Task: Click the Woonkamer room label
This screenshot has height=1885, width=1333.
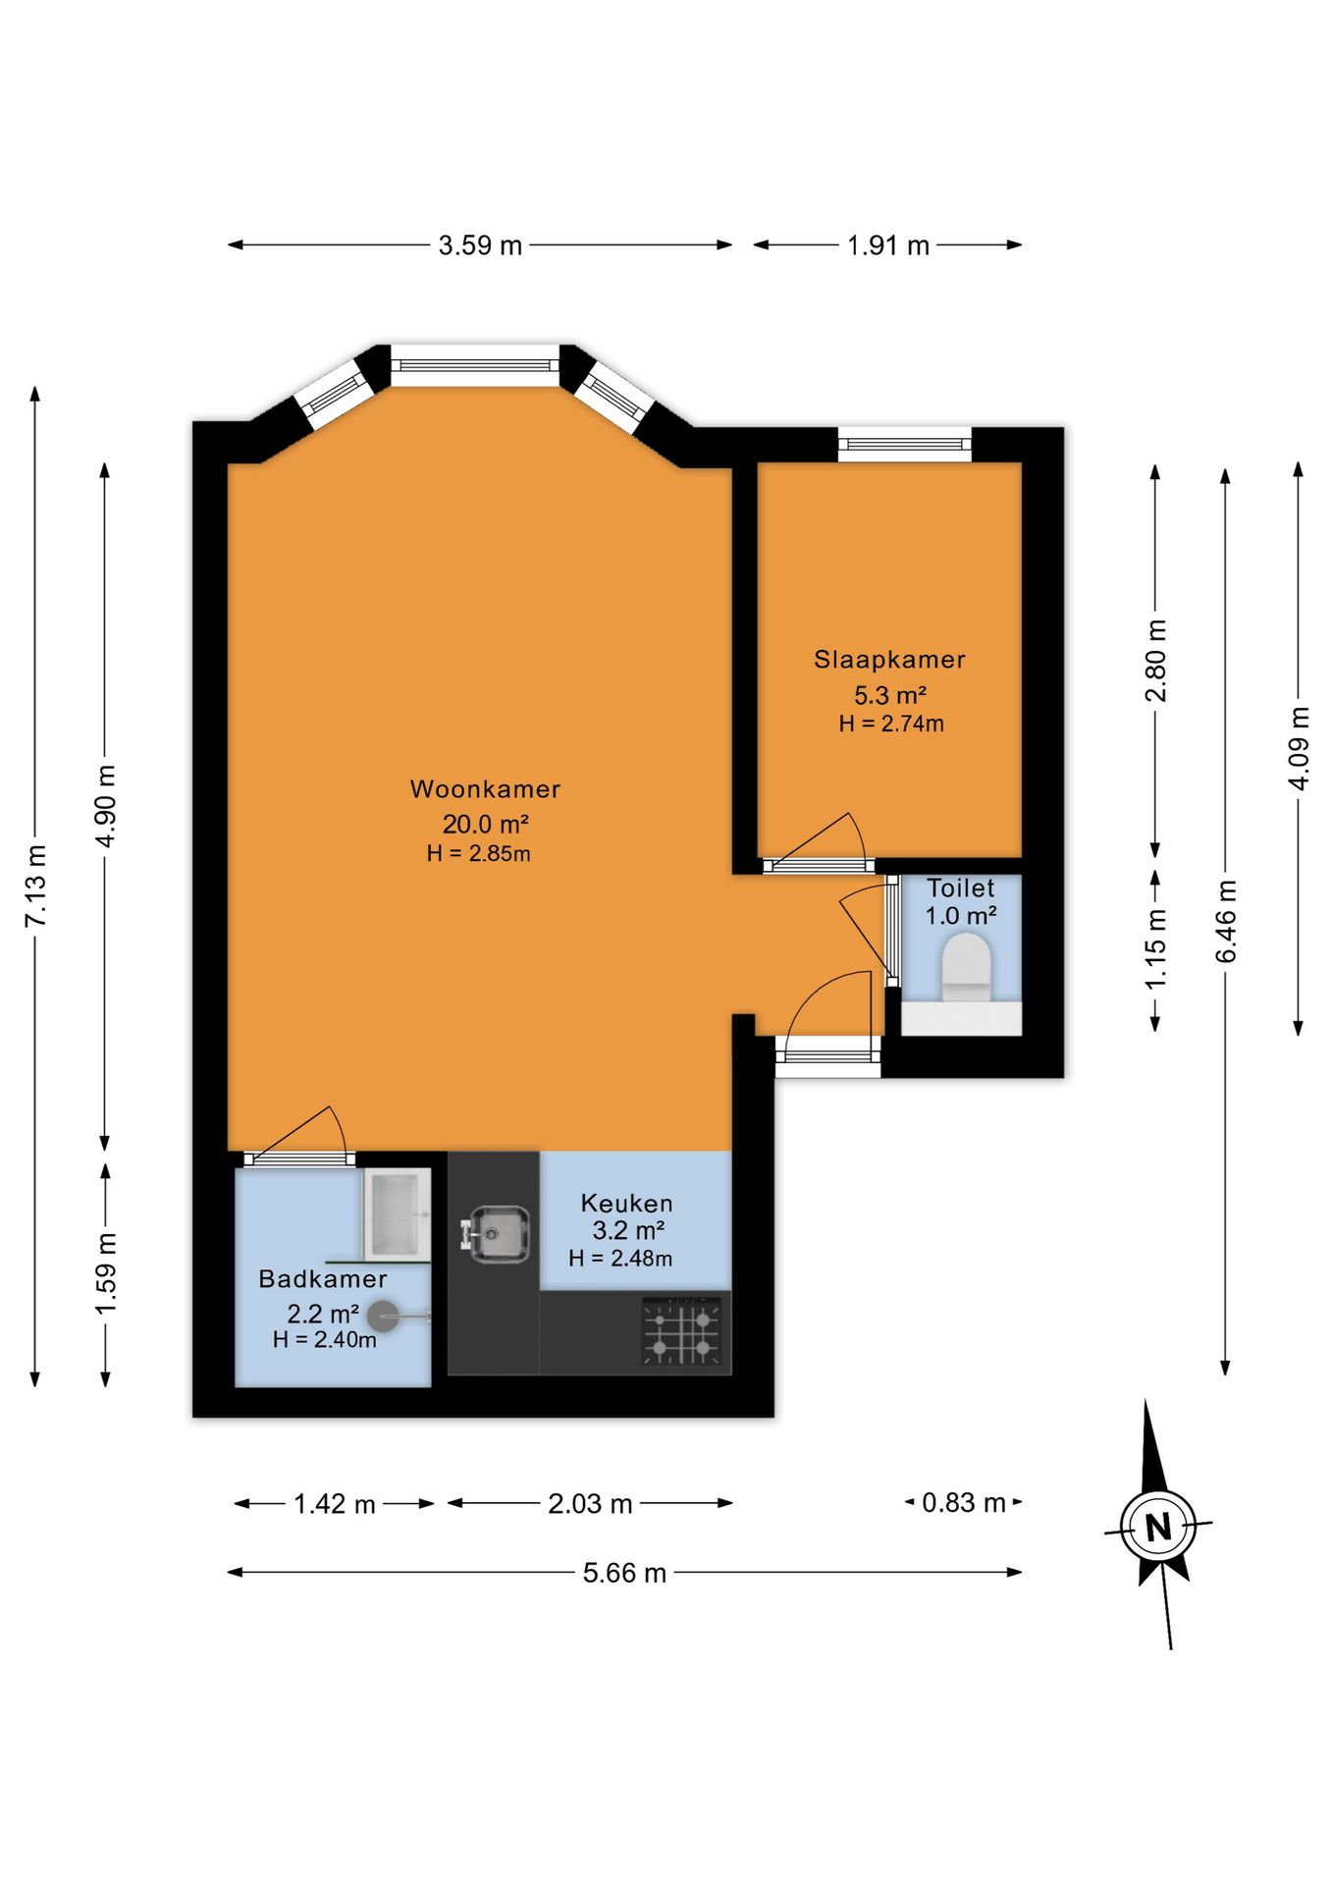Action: pos(485,788)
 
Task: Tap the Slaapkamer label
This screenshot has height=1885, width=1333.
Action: pos(889,660)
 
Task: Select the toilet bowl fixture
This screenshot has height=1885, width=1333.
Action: pos(967,967)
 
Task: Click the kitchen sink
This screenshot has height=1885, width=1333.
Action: pos(496,1233)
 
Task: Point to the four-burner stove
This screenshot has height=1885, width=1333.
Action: pos(682,1331)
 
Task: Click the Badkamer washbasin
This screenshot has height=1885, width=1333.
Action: pos(398,1214)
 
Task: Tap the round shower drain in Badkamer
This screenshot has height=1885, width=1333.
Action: pos(382,1317)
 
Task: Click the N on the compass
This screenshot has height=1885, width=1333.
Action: pos(1159,1527)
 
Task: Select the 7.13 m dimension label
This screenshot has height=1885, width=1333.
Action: pos(35,886)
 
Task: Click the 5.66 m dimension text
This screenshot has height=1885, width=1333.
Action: pos(624,1573)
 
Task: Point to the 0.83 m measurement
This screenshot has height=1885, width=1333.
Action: pos(964,1502)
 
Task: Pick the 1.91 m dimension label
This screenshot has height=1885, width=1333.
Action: pos(888,245)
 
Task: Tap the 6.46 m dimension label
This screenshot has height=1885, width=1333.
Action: pos(1226,921)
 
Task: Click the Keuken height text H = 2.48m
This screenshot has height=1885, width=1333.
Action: pos(620,1258)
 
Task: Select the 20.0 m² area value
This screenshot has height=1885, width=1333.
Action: pos(485,824)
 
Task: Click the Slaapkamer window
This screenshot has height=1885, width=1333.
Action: pos(905,445)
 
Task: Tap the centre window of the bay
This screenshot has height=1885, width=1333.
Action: pos(475,365)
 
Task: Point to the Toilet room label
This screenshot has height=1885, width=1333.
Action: pos(961,888)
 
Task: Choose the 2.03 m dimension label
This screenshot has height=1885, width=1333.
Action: pos(590,1503)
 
